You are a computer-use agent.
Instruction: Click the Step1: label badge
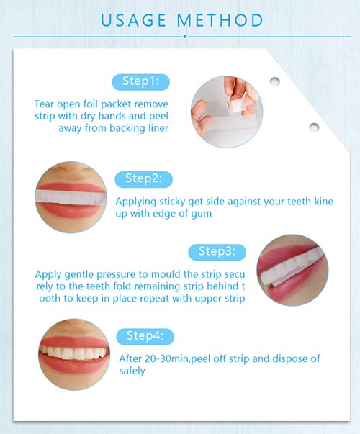click(x=140, y=82)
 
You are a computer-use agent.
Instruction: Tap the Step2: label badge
click(x=144, y=179)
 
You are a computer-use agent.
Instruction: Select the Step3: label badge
click(x=217, y=252)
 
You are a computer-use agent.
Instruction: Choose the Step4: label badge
click(x=145, y=337)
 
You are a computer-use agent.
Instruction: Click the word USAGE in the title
click(x=133, y=20)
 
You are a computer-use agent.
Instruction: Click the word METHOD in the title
click(x=220, y=20)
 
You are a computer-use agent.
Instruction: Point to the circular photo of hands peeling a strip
click(x=227, y=112)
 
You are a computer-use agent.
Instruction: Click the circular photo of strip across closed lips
click(x=71, y=197)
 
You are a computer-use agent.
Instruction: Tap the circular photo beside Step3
click(x=292, y=270)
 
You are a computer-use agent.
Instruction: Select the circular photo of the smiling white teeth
click(x=74, y=355)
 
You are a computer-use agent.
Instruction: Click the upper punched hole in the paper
click(x=275, y=81)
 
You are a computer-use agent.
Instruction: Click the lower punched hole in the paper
click(x=314, y=127)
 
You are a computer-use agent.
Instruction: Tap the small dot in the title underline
click(x=185, y=36)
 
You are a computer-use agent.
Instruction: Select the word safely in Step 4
click(x=132, y=371)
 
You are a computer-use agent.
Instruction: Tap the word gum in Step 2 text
click(x=202, y=214)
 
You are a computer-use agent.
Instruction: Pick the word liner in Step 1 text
click(x=158, y=128)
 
